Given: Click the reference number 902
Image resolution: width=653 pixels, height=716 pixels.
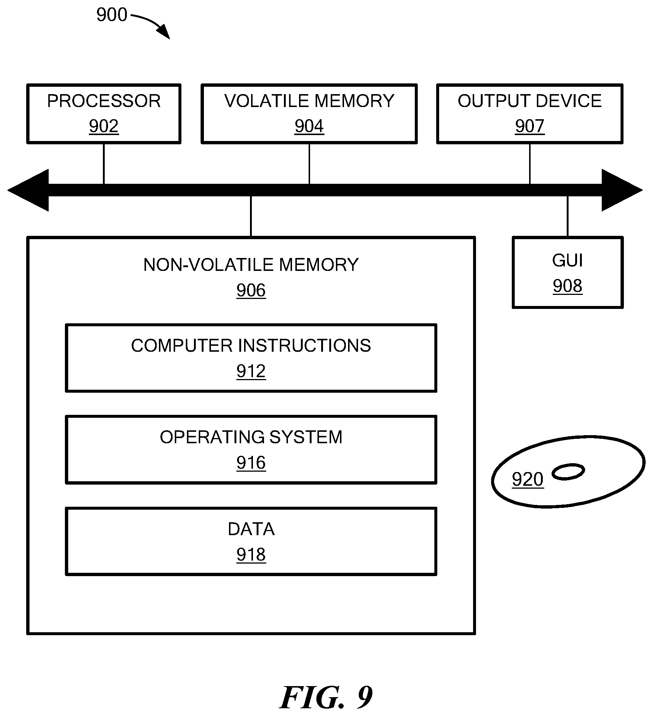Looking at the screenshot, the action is click(104, 126).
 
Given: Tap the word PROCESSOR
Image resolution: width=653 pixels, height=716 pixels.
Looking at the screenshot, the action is click(104, 101).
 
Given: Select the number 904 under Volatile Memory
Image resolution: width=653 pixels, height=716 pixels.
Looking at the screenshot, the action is click(309, 126).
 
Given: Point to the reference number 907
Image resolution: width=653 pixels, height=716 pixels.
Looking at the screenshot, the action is click(530, 126).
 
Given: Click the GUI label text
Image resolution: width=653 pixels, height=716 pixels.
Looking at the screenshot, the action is click(567, 261).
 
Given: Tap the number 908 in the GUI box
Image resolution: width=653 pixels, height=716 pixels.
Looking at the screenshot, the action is click(567, 286).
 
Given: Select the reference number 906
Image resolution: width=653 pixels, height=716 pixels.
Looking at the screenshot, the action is click(251, 290).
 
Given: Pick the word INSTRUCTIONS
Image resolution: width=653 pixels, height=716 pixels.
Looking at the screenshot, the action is click(305, 346).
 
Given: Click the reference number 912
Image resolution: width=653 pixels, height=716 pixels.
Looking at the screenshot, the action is click(251, 371).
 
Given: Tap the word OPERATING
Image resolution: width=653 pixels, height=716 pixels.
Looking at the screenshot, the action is click(212, 437).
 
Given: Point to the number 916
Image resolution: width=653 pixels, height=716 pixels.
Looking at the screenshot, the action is click(251, 463).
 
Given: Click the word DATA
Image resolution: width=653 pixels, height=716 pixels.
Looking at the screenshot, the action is click(251, 529).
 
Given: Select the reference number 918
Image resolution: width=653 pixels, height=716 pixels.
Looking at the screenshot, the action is click(251, 555).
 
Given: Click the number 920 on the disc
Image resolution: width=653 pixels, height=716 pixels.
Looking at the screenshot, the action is click(528, 480).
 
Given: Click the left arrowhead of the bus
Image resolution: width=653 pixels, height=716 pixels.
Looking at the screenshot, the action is click(28, 190).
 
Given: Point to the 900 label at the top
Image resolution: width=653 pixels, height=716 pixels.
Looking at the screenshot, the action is click(112, 15).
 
